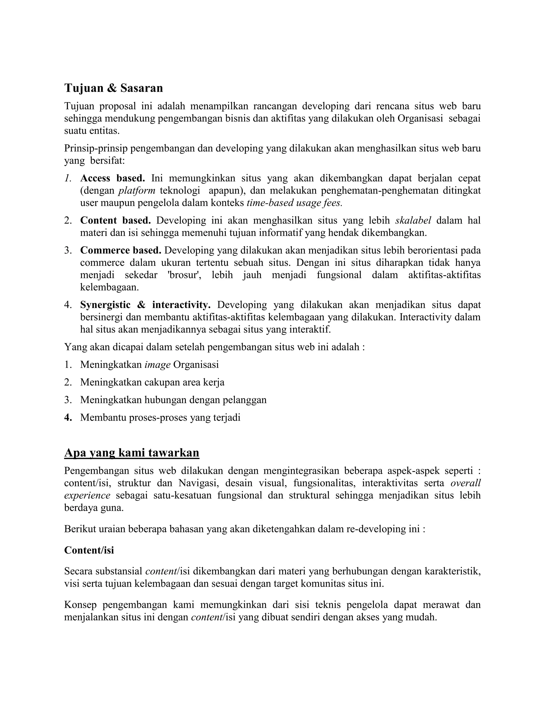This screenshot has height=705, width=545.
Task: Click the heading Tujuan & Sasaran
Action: (113, 88)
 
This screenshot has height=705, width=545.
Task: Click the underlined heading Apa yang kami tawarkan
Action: (131, 453)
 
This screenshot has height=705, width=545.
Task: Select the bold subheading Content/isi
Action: (89, 550)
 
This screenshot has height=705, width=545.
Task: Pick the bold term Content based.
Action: (115, 220)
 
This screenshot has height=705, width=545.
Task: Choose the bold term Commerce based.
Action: (121, 250)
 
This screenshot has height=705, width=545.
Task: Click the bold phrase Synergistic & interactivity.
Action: (145, 305)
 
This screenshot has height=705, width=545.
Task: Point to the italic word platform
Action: (137, 190)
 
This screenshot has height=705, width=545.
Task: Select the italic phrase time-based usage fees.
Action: (294, 203)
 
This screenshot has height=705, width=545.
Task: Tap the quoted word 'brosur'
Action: (185, 275)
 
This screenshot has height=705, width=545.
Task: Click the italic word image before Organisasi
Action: (157, 364)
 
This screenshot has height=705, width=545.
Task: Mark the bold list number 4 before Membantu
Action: (68, 417)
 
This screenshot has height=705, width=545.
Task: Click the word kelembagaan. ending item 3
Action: (109, 287)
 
